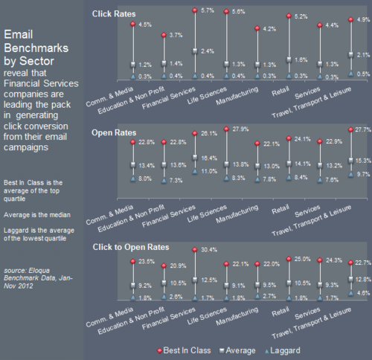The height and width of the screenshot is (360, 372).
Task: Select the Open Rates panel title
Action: [111, 132]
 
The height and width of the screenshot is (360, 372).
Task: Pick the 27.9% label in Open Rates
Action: [243, 130]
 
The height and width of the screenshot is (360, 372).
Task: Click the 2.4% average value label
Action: [209, 51]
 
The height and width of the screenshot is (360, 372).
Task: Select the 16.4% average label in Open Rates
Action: [211, 159]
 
